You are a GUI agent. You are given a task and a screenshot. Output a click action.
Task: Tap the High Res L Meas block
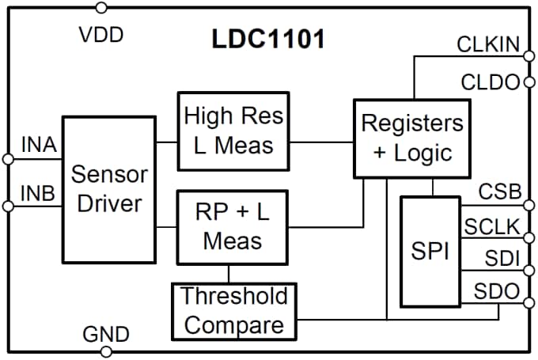(233, 131)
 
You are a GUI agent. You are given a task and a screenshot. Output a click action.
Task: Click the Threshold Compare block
(233, 311)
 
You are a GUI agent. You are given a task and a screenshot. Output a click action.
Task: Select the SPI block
(431, 252)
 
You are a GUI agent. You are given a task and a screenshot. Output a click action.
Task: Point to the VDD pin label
(101, 35)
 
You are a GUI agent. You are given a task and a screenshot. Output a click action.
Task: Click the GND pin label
(105, 333)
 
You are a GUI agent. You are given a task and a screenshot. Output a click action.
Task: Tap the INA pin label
(38, 146)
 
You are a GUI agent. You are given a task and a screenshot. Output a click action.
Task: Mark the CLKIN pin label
(488, 44)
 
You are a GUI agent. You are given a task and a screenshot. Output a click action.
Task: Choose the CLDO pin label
(489, 81)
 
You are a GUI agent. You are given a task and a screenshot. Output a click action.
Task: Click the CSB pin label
(499, 191)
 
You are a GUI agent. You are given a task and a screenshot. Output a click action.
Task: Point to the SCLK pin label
(492, 228)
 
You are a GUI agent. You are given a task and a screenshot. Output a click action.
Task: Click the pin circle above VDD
(100, 8)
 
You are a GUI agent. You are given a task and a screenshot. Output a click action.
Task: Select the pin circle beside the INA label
(8, 159)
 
